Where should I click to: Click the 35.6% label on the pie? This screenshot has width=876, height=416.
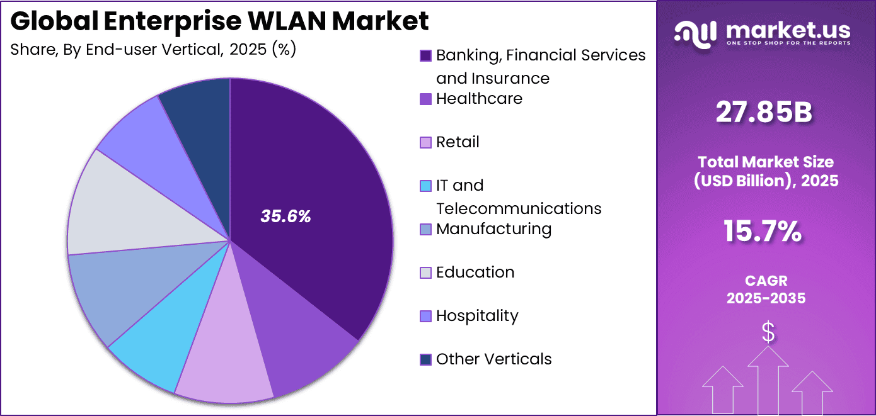point(285,216)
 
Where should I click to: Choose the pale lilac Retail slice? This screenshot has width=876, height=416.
point(224,359)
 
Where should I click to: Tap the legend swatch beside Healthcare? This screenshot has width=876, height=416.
point(426,99)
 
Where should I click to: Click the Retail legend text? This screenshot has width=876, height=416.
point(458,142)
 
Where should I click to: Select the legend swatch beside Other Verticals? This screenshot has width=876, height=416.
point(426,359)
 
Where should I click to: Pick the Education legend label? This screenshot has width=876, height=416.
point(475,273)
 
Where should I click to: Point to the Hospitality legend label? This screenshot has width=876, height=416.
point(477,316)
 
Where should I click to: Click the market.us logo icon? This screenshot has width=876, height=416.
point(694,33)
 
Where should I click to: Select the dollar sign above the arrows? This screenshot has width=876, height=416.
point(768,332)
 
